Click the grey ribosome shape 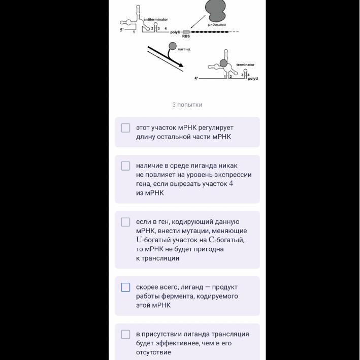click(x=215, y=10)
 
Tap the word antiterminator click(x=155, y=19)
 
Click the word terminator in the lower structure click(x=245, y=65)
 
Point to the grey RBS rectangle click(x=186, y=32)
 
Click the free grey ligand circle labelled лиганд click(x=173, y=46)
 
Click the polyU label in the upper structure click(x=175, y=32)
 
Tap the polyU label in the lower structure click(x=253, y=79)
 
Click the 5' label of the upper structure click(x=122, y=30)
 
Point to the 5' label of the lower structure click(x=197, y=79)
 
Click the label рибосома click(x=217, y=24)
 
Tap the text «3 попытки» click(x=187, y=105)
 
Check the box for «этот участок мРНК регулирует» click(x=125, y=128)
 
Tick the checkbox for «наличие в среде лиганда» click(x=125, y=166)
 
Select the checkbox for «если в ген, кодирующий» click(x=125, y=222)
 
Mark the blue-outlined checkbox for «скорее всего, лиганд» click(x=125, y=287)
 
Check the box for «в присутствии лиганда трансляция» click(x=125, y=334)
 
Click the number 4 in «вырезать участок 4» click(x=231, y=184)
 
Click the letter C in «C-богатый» click(x=211, y=240)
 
